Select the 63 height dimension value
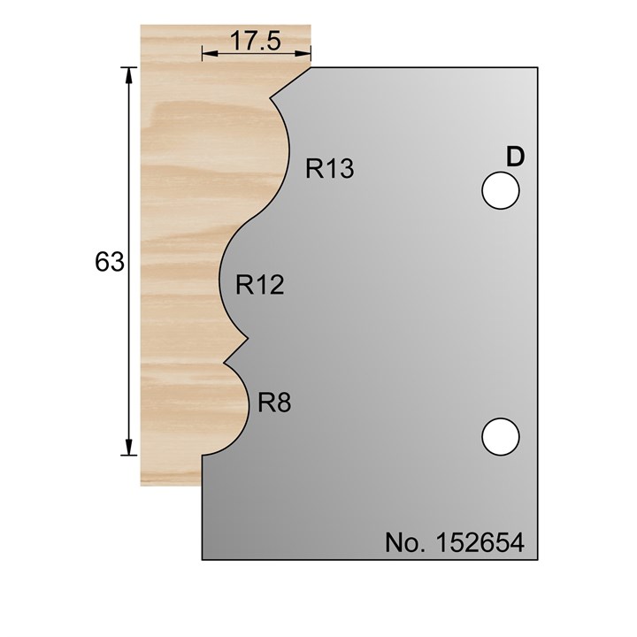tap(110, 262)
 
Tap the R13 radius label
tap(330, 168)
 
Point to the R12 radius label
tap(259, 285)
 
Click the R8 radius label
tap(274, 403)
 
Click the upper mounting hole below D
tap(500, 190)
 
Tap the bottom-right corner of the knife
tap(540, 559)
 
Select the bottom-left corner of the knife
tap(203, 559)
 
